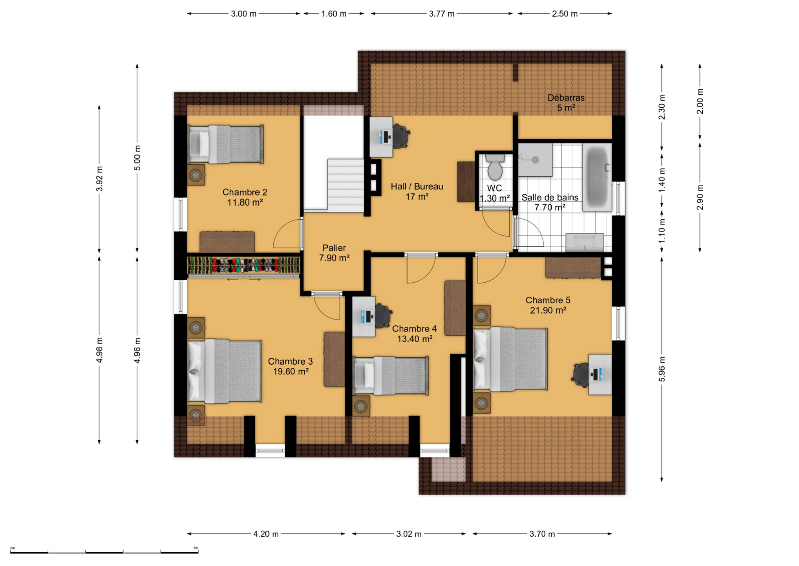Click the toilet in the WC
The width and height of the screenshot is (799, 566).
[495, 167]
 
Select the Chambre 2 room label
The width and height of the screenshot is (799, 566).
[245, 192]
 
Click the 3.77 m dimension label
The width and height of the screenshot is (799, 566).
[441, 14]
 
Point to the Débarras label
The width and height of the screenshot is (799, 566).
[566, 97]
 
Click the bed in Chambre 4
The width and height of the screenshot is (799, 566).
[391, 375]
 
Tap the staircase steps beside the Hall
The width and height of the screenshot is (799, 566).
[346, 185]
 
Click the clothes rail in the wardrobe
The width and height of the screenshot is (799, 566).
[243, 265]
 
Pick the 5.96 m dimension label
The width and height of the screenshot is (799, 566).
[662, 369]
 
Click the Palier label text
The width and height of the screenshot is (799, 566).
[334, 248]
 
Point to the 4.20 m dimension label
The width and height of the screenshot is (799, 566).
[266, 534]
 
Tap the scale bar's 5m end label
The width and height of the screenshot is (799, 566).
[196, 548]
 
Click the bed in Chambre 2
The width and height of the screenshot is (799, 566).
[226, 144]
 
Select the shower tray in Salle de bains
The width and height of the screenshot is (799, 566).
[535, 160]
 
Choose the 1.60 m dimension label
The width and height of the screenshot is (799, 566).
[334, 14]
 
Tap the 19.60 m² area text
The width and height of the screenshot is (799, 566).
[291, 371]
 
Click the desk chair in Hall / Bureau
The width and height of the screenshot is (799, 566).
[400, 136]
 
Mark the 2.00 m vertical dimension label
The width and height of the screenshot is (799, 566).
[700, 101]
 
